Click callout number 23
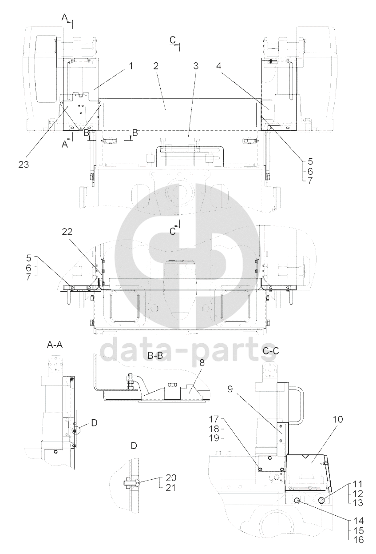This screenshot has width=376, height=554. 24,165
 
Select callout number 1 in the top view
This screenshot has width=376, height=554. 131,66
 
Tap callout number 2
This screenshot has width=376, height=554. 155,66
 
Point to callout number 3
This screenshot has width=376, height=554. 195,66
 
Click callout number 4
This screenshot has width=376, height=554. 219,66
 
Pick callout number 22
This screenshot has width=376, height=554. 67,232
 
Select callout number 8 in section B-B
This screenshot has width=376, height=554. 202,363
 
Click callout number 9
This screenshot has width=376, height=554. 230,389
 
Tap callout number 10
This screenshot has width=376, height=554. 338,419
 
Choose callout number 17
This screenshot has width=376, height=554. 214,419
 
